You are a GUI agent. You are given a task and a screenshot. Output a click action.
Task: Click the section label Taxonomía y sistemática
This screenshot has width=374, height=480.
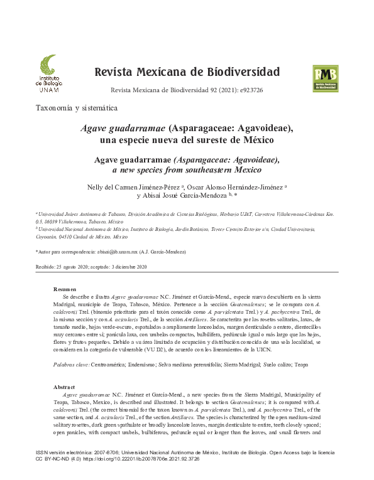click(77, 108)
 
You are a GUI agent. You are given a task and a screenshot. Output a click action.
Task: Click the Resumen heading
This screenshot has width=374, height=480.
click(65, 289)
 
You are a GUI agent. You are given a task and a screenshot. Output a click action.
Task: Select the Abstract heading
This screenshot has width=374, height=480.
click(65, 387)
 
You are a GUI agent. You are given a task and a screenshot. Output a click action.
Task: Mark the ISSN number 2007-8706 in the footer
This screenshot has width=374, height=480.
click(97, 452)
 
